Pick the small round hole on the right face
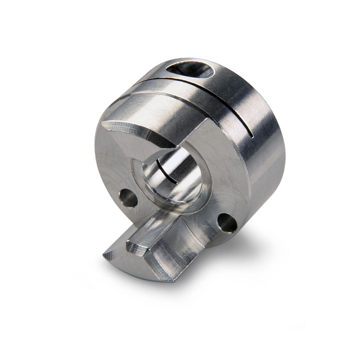click(228, 223)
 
